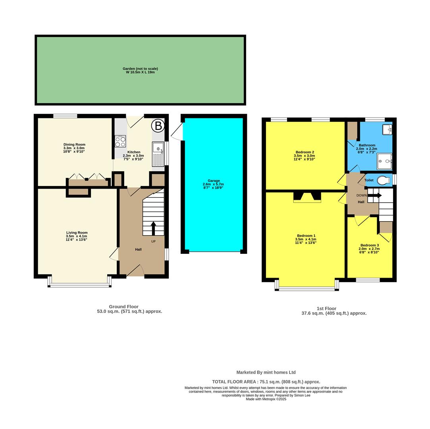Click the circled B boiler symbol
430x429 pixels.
[x=158, y=126]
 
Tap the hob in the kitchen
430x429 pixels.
[x=120, y=141]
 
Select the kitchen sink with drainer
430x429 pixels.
[x=158, y=154]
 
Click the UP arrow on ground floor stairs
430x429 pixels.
[x=153, y=229]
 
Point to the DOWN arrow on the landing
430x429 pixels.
[x=374, y=195]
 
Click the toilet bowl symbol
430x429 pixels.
[x=384, y=180]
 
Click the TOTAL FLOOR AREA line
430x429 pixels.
[x=266, y=382]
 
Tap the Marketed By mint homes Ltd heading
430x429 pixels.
[x=266, y=373]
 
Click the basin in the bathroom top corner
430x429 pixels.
[x=387, y=129]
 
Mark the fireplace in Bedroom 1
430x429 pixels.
[x=307, y=197]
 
